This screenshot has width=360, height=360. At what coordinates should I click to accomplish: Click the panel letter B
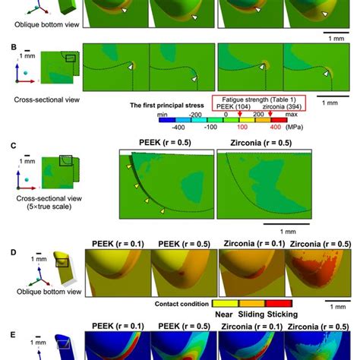[7, 46]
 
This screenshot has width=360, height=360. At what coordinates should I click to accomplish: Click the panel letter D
[7, 245]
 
